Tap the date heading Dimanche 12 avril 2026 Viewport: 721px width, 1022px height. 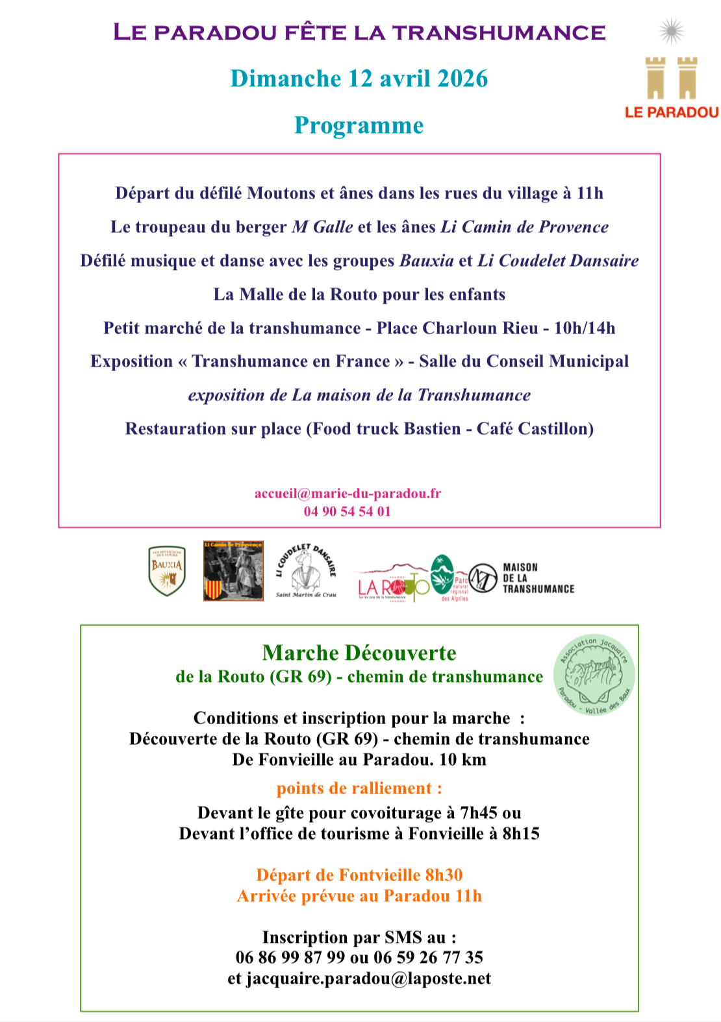pyautogui.click(x=359, y=79)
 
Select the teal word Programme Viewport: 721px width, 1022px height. pyautogui.click(x=359, y=125)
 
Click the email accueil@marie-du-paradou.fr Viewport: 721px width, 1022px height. pyautogui.click(x=348, y=493)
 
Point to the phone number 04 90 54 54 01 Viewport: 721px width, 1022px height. pyautogui.click(x=348, y=511)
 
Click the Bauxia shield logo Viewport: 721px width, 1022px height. pyautogui.click(x=167, y=571)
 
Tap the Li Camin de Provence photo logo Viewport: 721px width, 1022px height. pyautogui.click(x=233, y=571)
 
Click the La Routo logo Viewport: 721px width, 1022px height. pyautogui.click(x=392, y=584)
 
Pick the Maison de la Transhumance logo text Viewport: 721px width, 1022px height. pyautogui.click(x=538, y=578)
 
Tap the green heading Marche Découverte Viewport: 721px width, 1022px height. pyautogui.click(x=359, y=653)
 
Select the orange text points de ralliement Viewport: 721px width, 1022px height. pyautogui.click(x=359, y=788)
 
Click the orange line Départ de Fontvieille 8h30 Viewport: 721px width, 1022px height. pyautogui.click(x=359, y=875)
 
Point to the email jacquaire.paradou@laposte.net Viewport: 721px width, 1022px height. pyautogui.click(x=368, y=979)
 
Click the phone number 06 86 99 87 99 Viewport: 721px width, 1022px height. pyautogui.click(x=290, y=958)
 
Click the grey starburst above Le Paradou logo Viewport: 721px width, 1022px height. pyautogui.click(x=672, y=30)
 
